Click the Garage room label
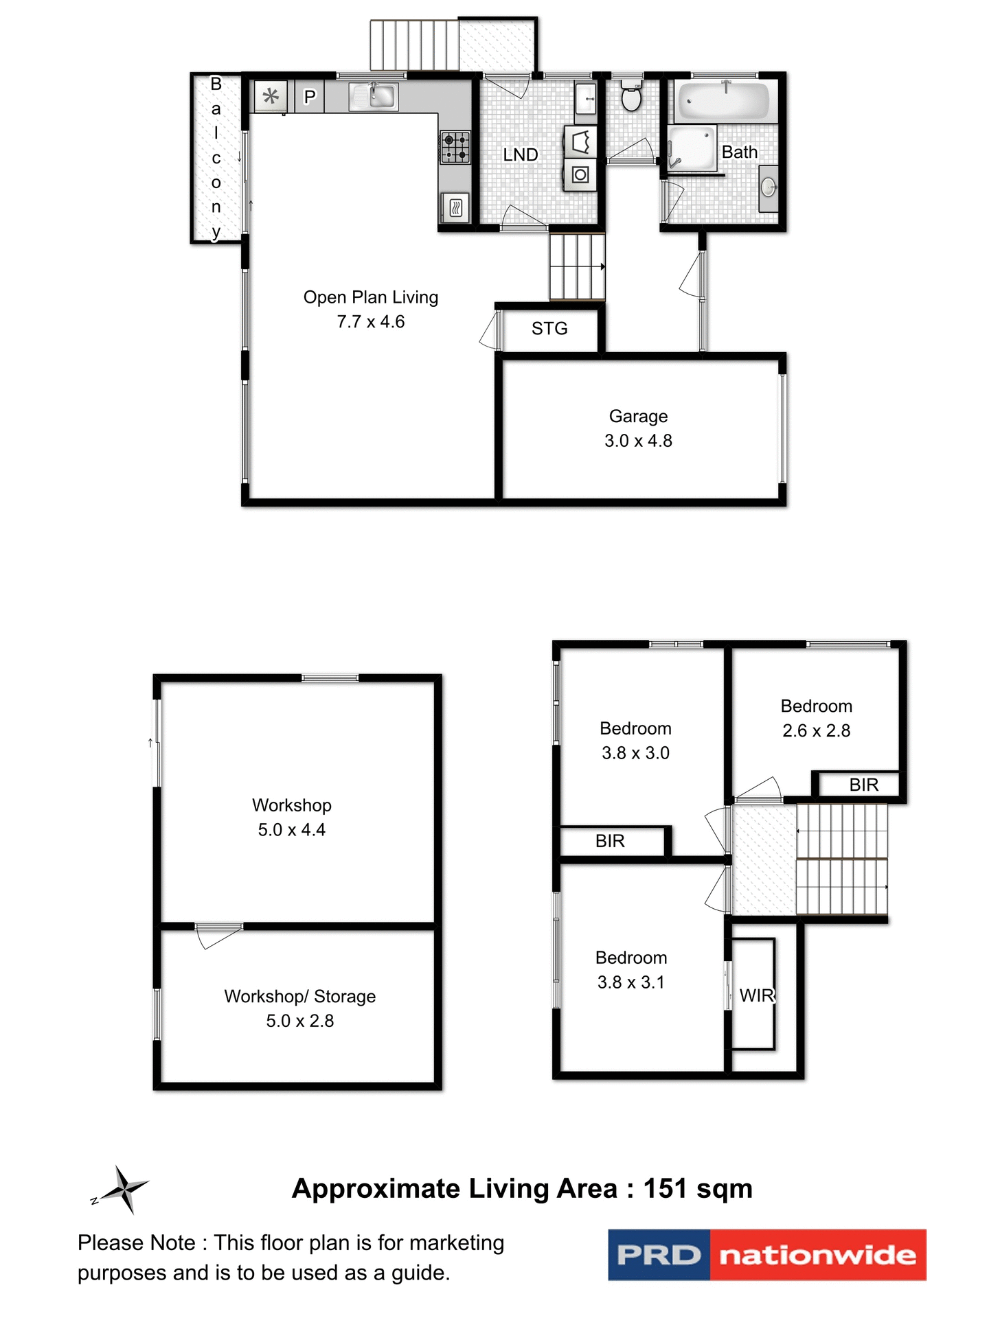[638, 416]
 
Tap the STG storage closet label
[549, 329]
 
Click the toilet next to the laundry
[630, 96]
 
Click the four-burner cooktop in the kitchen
[455, 147]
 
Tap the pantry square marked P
[310, 97]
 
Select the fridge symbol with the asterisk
[271, 96]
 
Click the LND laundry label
[520, 155]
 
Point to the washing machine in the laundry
[580, 174]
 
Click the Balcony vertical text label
[216, 157]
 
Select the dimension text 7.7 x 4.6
[371, 322]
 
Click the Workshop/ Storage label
[300, 996]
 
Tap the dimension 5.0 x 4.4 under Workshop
[292, 830]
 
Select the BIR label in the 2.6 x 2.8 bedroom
[863, 785]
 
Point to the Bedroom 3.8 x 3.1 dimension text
[631, 982]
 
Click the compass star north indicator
[124, 1190]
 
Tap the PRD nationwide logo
[766, 1255]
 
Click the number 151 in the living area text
[665, 1189]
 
